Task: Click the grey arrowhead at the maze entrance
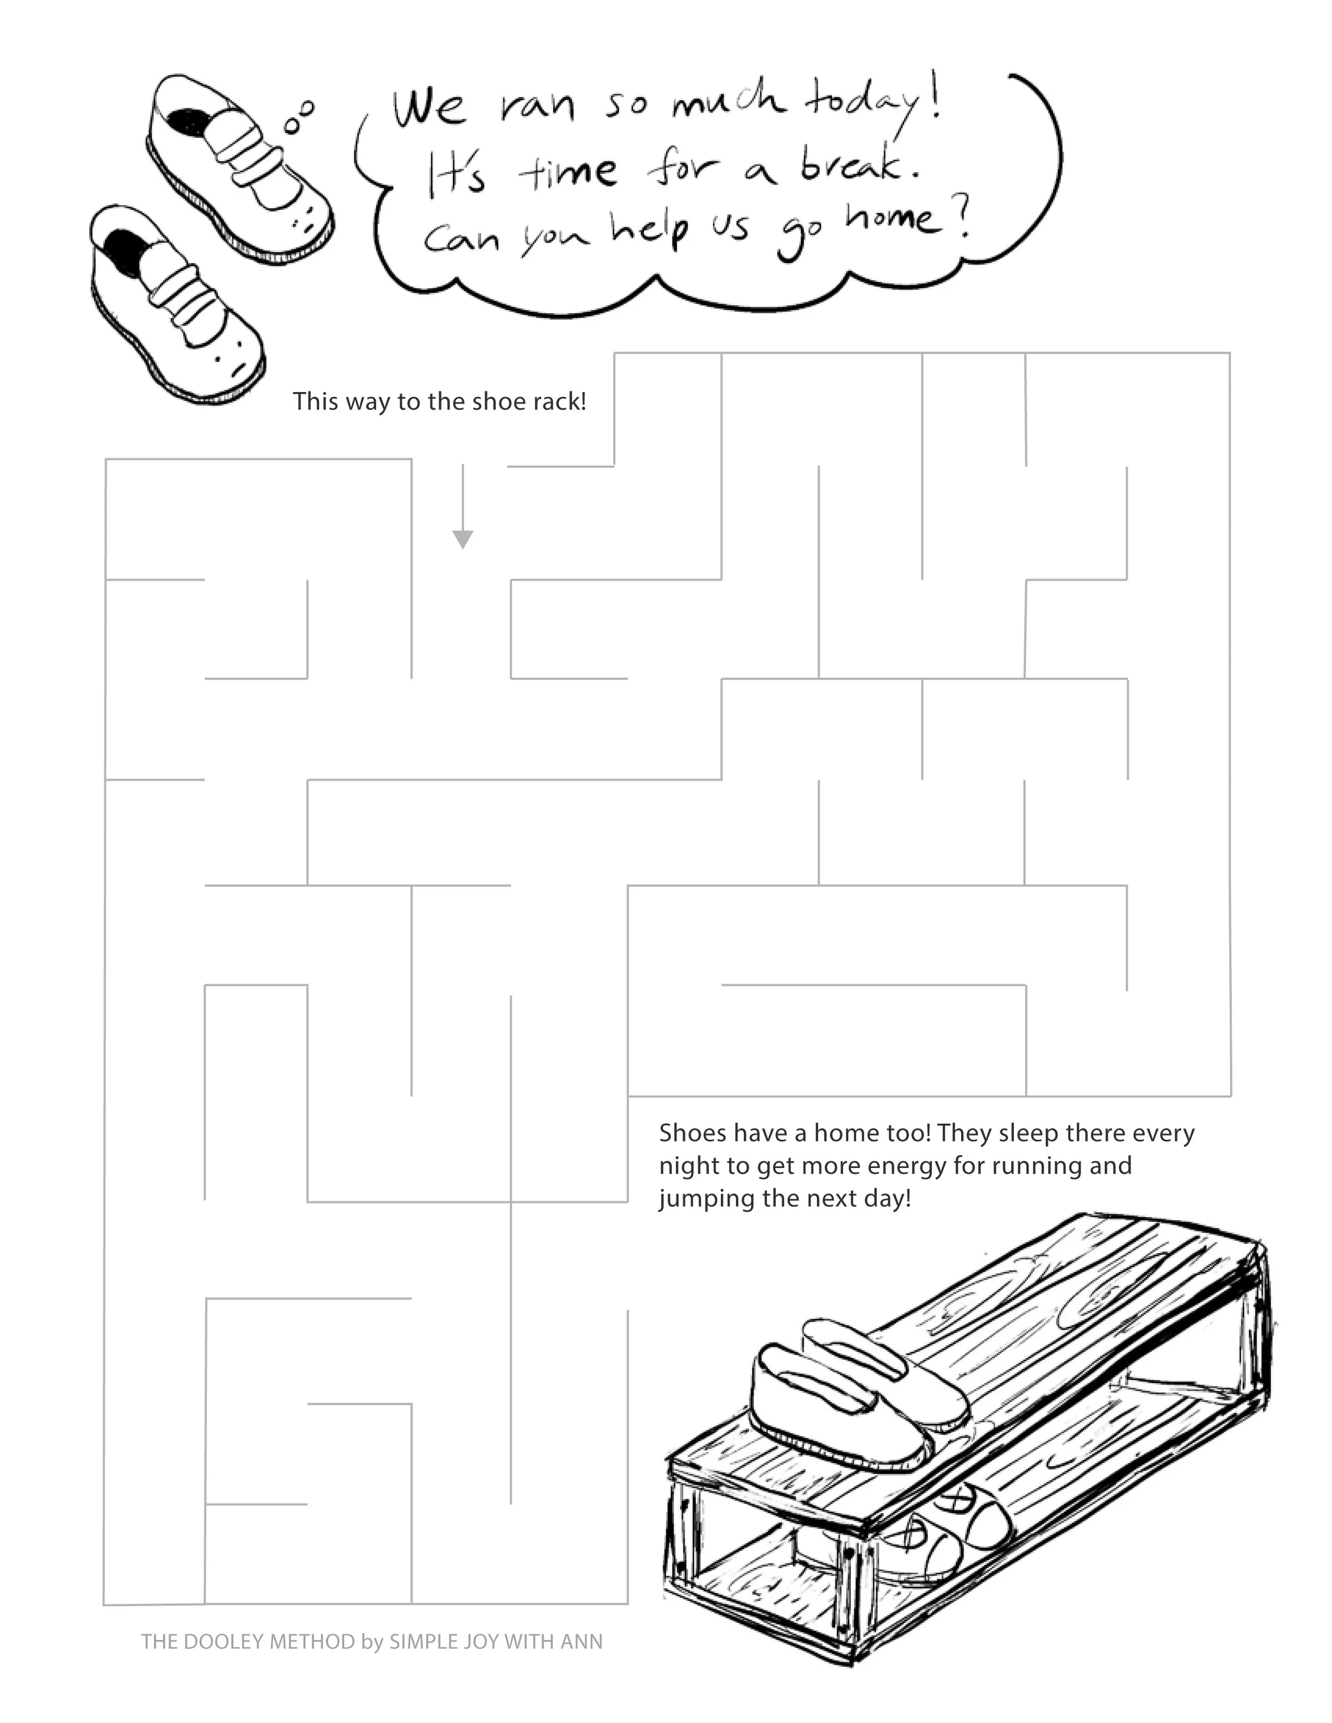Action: [462, 539]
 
